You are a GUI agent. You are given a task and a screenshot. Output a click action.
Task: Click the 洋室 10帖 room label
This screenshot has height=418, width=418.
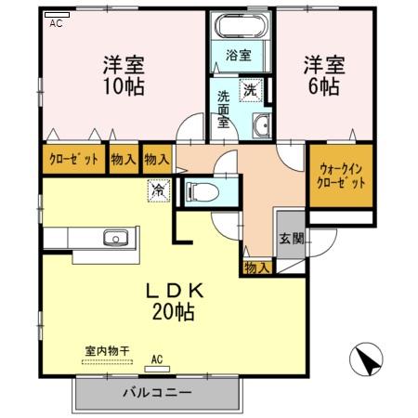pyautogui.click(x=123, y=75)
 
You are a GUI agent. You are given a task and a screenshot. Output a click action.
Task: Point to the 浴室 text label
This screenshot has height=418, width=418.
pyautogui.click(x=239, y=55)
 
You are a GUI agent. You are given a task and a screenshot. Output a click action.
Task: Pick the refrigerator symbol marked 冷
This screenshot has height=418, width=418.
pyautogui.click(x=159, y=189)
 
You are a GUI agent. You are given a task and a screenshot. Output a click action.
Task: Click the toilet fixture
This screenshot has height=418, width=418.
pyautogui.click(x=202, y=192)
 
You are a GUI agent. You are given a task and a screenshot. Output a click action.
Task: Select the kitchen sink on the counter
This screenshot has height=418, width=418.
pyautogui.click(x=115, y=237)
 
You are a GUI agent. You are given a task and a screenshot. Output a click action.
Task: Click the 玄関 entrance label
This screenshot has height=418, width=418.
pyautogui.click(x=290, y=238)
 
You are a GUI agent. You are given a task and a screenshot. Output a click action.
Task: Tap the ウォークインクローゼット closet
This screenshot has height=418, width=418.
pyautogui.click(x=341, y=176)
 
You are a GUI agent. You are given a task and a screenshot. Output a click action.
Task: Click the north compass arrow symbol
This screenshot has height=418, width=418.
pyautogui.click(x=366, y=359)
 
